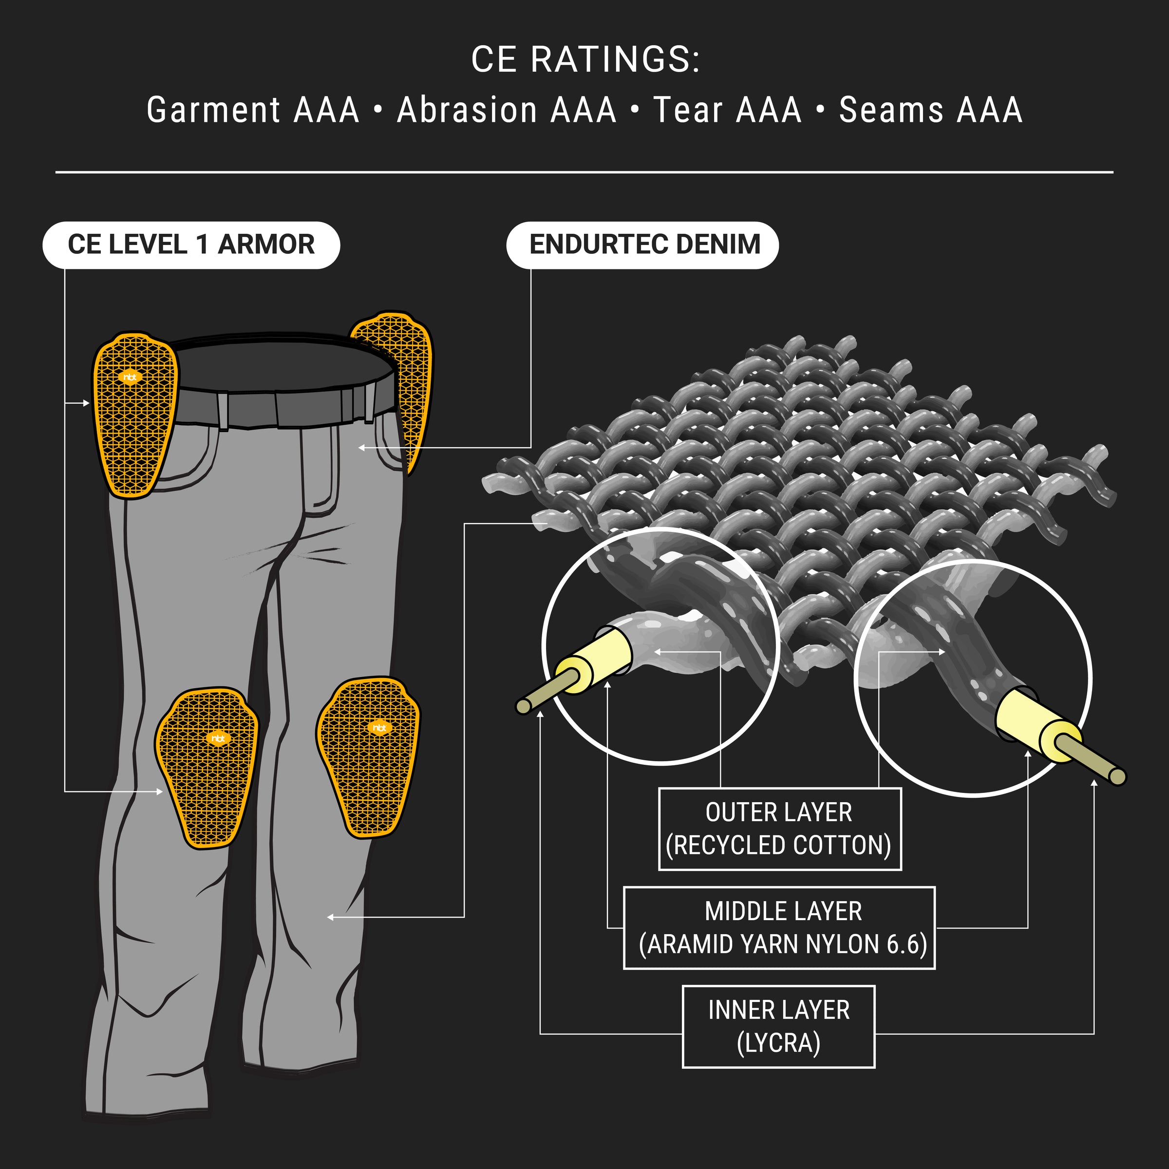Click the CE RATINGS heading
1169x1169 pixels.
[x=585, y=60]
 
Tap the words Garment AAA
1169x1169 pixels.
[x=253, y=110]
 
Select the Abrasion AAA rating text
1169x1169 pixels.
[x=507, y=110]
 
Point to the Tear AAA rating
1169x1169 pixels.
[x=727, y=110]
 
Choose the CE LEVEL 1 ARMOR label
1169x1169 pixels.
[x=191, y=245]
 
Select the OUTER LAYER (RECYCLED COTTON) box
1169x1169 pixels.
[x=779, y=829]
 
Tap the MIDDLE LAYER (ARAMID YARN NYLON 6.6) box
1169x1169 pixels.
[x=779, y=927]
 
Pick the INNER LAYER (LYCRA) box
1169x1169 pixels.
[x=778, y=1027]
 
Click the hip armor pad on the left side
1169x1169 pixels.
[x=134, y=417]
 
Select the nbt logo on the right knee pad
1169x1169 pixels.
[x=379, y=728]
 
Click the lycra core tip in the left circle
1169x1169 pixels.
[x=523, y=706]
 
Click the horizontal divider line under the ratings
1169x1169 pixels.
[x=584, y=172]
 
